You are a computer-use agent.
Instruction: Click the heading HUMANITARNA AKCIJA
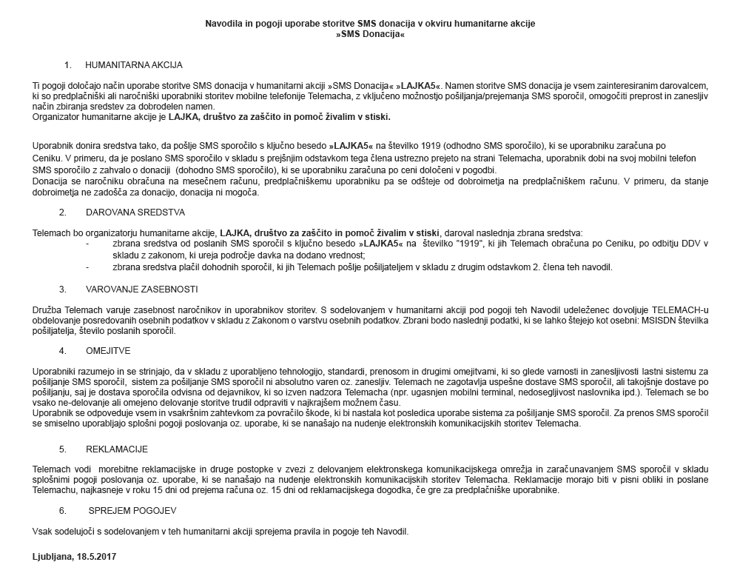[134, 65]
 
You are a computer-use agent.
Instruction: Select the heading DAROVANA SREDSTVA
[135, 211]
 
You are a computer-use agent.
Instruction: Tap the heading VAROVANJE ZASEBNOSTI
[141, 289]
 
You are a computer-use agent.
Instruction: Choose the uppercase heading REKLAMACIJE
[117, 449]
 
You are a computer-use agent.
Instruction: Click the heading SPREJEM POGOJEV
[132, 510]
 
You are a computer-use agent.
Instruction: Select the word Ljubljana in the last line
[52, 555]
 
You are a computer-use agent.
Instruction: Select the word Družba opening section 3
[48, 309]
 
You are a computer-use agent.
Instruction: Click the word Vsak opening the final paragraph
[43, 532]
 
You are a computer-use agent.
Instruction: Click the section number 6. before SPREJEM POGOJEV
[63, 510]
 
